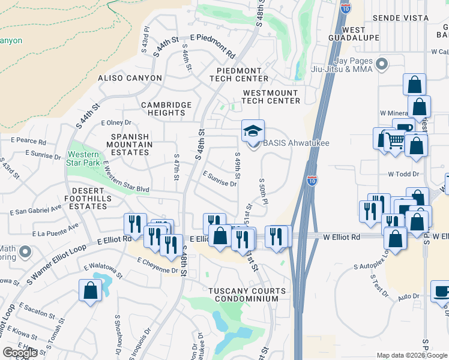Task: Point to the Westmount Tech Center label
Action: (x=271, y=97)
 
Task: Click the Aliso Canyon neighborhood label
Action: (x=130, y=78)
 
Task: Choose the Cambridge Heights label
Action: (x=166, y=109)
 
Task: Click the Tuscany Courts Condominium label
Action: (x=243, y=295)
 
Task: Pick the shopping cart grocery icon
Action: (x=395, y=142)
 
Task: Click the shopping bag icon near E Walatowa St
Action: (x=90, y=290)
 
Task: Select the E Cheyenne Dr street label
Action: (x=158, y=265)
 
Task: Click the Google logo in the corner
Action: (x=20, y=353)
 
